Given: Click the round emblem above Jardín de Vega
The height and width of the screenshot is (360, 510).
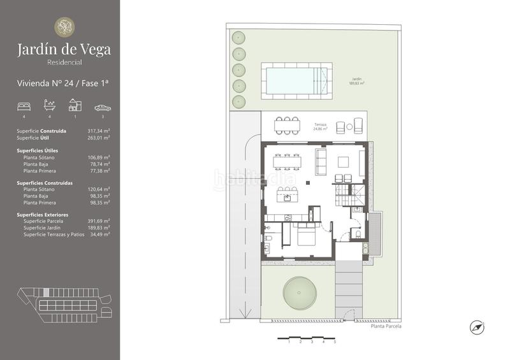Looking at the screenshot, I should pyautogui.click(x=64, y=27).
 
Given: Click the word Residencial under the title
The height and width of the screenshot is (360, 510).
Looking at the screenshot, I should pyautogui.click(x=64, y=62).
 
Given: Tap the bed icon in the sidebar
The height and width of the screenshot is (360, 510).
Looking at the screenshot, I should pyautogui.click(x=24, y=106).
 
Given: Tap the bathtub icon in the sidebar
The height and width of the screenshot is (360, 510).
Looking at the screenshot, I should pyautogui.click(x=49, y=106).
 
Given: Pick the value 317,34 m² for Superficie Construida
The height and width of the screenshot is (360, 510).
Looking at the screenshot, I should pyautogui.click(x=99, y=131).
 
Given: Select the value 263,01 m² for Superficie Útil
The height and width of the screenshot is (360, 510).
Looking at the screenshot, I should pyautogui.click(x=99, y=137).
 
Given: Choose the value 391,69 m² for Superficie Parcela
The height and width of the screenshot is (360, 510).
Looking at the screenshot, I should pyautogui.click(x=99, y=221).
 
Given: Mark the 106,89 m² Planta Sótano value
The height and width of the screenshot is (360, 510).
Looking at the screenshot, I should pyautogui.click(x=99, y=157).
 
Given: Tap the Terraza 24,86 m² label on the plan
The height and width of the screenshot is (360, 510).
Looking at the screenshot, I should pyautogui.click(x=320, y=126).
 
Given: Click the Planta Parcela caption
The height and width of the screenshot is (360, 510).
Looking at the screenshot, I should pyautogui.click(x=386, y=326).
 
